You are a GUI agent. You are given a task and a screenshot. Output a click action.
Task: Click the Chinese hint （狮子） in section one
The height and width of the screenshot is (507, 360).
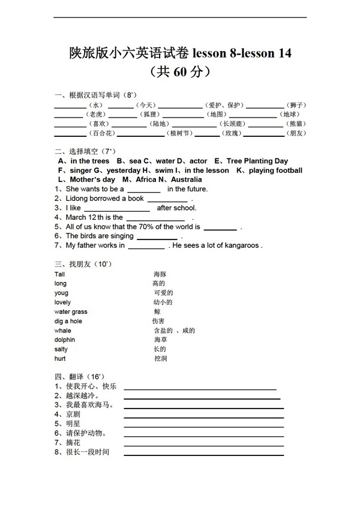click(296, 105)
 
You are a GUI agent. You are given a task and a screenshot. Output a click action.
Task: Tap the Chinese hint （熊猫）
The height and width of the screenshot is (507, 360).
click(296, 124)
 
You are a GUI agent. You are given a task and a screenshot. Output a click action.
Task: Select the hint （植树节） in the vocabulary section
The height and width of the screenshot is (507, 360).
click(179, 133)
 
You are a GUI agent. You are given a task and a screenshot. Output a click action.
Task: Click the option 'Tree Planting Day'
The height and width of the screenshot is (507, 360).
click(257, 161)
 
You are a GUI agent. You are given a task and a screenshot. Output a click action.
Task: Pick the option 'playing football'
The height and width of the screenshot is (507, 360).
click(275, 170)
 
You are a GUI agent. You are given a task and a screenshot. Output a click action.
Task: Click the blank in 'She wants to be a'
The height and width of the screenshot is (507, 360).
click(143, 190)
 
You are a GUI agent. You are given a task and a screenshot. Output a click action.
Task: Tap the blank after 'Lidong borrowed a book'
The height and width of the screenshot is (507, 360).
click(167, 199)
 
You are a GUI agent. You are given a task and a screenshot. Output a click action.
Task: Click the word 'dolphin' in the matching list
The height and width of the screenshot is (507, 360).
click(65, 340)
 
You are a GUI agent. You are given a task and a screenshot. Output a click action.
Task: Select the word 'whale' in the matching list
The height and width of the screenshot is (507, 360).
click(62, 331)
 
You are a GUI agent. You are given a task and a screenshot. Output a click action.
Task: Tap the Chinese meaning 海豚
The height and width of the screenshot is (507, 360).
click(160, 274)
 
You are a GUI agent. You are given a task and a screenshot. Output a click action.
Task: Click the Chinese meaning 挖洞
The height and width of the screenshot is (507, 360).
click(160, 359)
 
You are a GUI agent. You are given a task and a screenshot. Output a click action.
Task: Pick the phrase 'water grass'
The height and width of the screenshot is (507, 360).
click(71, 312)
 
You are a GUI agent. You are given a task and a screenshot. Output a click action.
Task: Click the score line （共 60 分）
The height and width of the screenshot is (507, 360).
click(180, 72)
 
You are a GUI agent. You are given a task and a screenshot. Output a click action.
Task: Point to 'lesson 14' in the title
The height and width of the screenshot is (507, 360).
click(266, 53)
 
